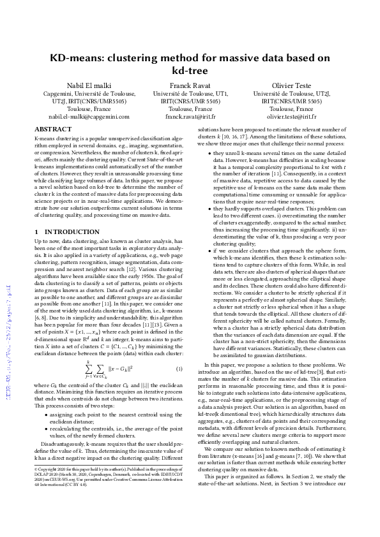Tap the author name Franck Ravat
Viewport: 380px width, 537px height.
coord(190,85)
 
